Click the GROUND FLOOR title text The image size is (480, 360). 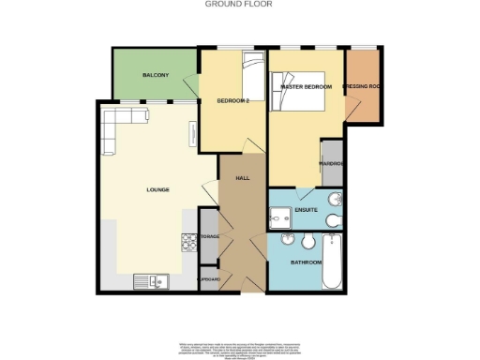coord(240,5)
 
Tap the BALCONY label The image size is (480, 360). coord(156,74)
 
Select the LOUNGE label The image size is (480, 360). coord(157,189)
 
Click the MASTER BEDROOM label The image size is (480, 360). coord(307,87)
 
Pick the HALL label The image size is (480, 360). coord(242,176)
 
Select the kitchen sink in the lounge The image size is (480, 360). coord(150,278)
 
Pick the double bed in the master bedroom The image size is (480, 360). coord(299,94)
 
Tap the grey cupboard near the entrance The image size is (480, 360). coord(209,279)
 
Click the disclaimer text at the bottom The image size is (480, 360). coord(240,349)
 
